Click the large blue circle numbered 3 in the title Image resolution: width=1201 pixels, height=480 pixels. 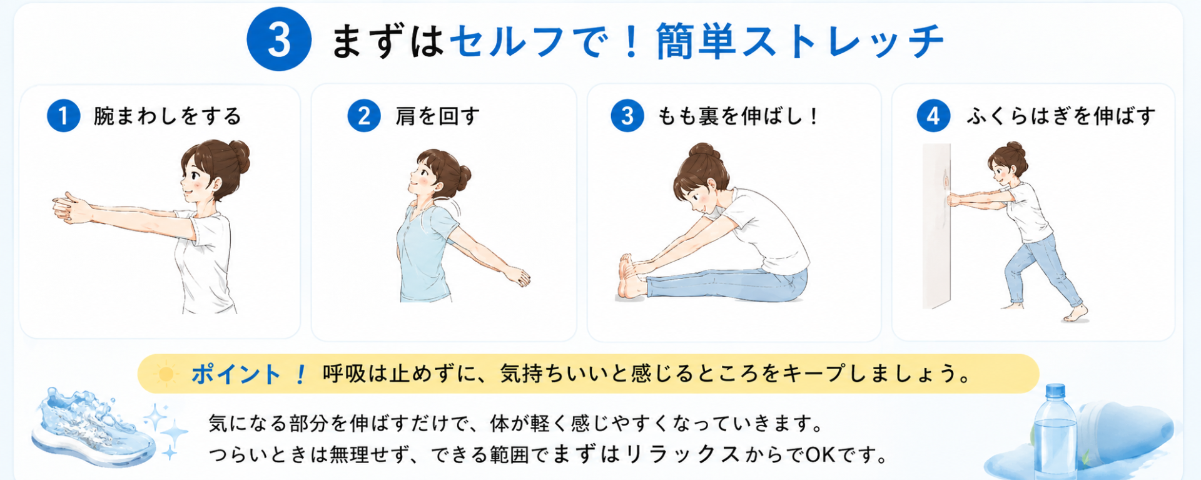tap(279, 39)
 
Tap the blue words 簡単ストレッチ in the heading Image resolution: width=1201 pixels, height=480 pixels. tap(800, 41)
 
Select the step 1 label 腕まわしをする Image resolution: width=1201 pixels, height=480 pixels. tap(167, 116)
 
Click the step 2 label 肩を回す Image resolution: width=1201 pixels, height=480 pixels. tap(437, 116)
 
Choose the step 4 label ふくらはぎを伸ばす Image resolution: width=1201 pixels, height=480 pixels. tap(1061, 116)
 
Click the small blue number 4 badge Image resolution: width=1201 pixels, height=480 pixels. tap(933, 116)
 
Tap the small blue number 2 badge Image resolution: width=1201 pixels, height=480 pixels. tap(364, 116)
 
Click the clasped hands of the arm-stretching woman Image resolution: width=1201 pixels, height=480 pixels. tap(69, 208)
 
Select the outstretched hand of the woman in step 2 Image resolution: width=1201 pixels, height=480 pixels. tap(517, 276)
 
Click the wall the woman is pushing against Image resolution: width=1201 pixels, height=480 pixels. tap(936, 226)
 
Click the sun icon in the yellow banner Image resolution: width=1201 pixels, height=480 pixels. tap(166, 374)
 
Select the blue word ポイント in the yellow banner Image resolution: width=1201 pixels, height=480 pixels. tap(236, 374)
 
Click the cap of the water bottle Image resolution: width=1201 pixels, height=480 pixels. tap(1055, 391)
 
